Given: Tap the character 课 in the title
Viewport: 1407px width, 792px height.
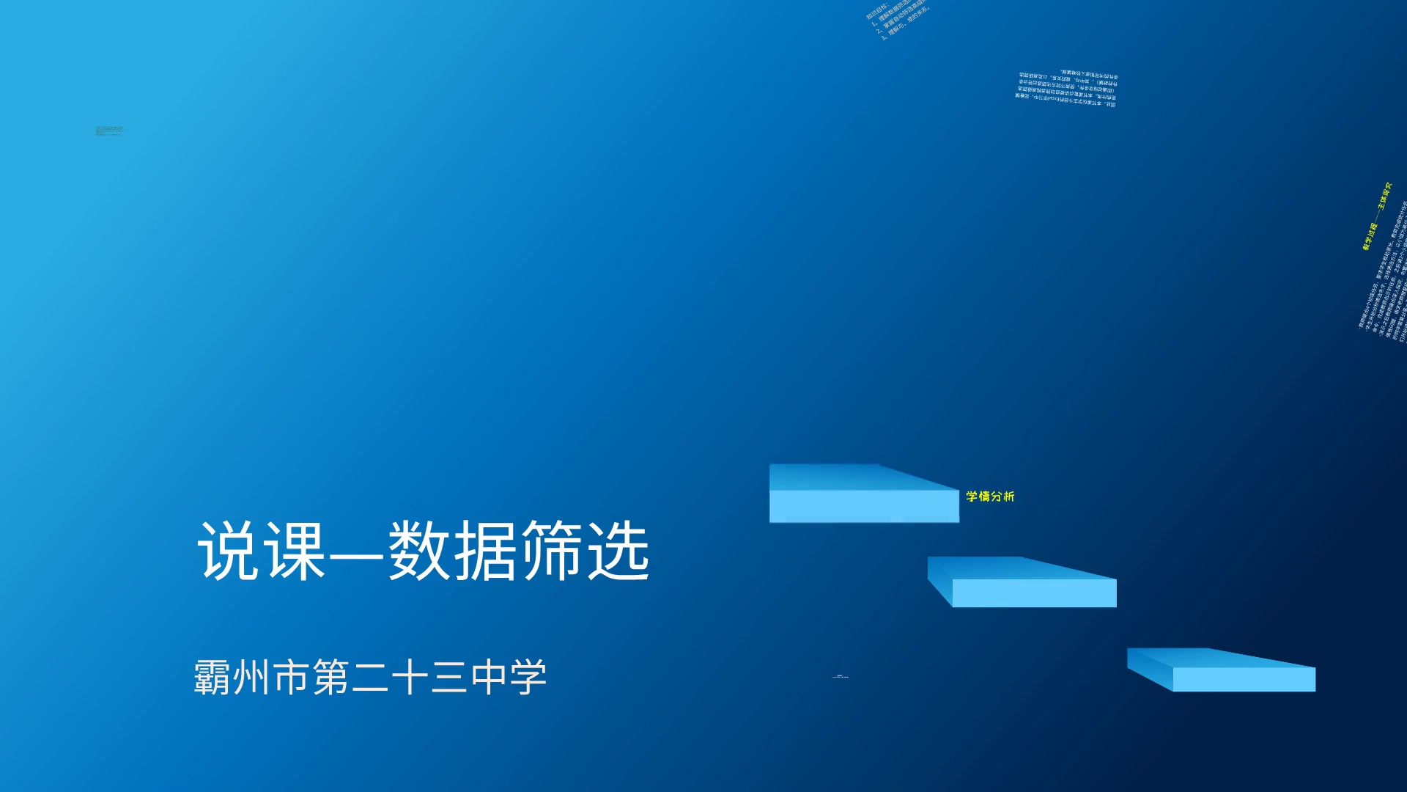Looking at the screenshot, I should coord(295,551).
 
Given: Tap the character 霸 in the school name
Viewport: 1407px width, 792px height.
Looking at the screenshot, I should coord(213,677).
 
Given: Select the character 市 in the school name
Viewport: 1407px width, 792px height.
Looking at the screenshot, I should coord(291,677).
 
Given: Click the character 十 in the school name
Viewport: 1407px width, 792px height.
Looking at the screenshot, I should coord(410,677).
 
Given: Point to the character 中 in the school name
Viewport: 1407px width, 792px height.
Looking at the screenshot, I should coord(489,677).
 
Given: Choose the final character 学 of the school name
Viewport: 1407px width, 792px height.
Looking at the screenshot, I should coord(528,677).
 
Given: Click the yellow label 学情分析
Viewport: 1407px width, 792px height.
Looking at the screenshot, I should coord(990,496).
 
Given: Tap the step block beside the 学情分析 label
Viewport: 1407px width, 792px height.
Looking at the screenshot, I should coord(863,495).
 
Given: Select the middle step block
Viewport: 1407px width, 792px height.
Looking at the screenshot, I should coord(1023,583).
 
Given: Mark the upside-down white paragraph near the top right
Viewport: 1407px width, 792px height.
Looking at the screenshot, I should coord(1067,89).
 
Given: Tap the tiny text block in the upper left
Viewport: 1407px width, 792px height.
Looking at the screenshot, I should coord(109,131).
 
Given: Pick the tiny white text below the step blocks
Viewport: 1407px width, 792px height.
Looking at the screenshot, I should coord(841,676).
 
